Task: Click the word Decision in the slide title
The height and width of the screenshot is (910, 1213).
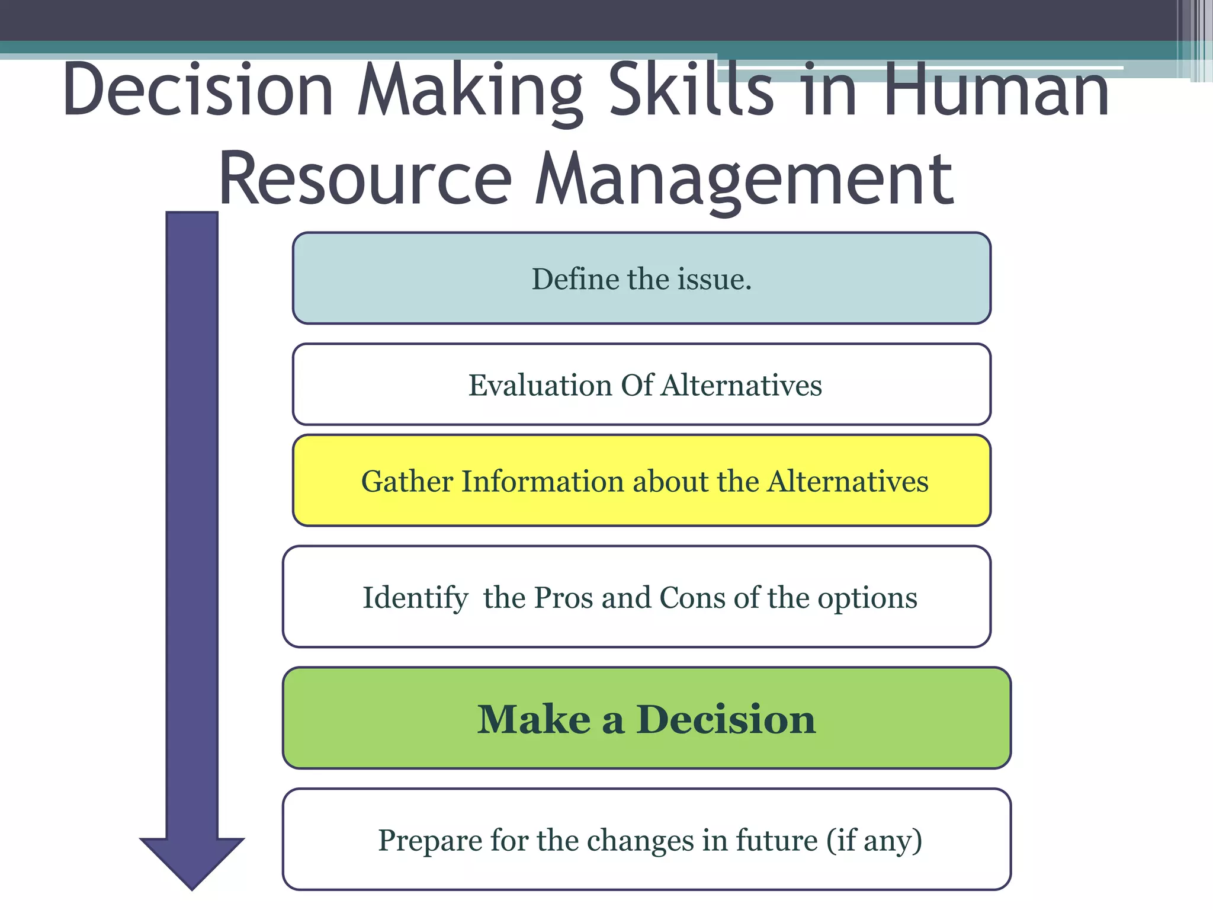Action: click(x=198, y=90)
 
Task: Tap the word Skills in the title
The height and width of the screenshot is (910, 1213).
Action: click(x=691, y=90)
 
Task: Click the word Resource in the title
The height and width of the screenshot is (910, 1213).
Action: click(x=365, y=179)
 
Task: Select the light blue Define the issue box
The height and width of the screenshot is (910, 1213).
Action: click(x=641, y=278)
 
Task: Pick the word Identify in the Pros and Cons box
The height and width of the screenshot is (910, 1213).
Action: click(x=415, y=598)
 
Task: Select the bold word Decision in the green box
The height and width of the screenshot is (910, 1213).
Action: click(x=726, y=720)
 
